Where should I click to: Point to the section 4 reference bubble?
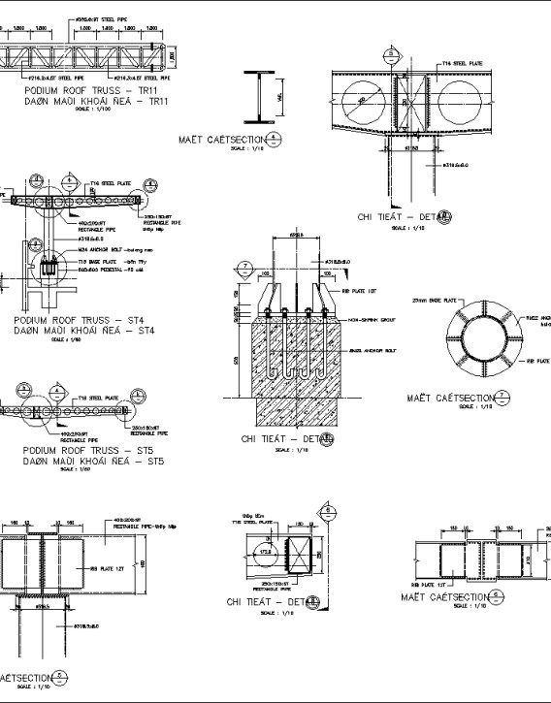pyautogui.click(x=275, y=139)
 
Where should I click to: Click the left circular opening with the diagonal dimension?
pyautogui.click(x=366, y=99)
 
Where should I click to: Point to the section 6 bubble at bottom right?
pyautogui.click(x=496, y=597)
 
